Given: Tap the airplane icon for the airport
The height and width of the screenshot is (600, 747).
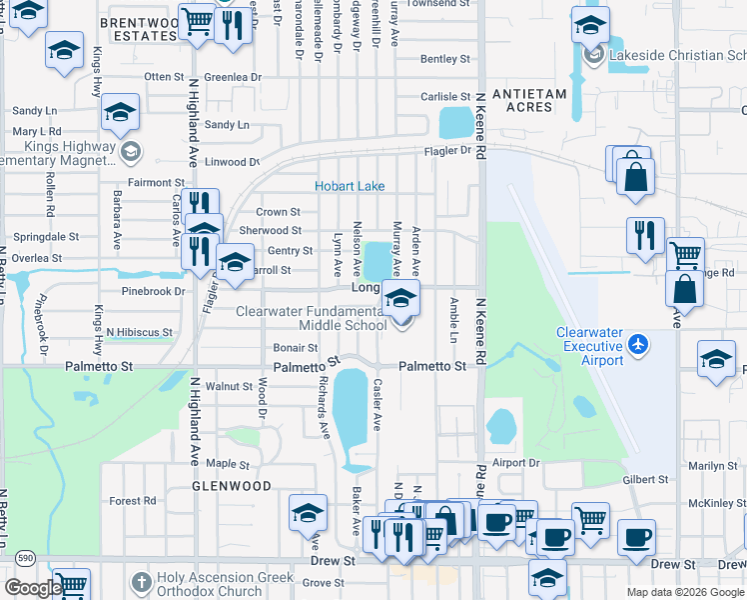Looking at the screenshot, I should click(x=639, y=345).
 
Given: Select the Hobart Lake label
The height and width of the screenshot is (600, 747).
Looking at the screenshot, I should click(x=350, y=186).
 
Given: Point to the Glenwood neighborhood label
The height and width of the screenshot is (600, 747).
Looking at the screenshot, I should click(x=232, y=486).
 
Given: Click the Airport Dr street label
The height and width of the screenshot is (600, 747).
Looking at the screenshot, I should click(x=515, y=463).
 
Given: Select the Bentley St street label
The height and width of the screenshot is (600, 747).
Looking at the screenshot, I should click(x=438, y=60).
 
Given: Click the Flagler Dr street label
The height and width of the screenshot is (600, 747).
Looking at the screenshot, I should click(x=449, y=151).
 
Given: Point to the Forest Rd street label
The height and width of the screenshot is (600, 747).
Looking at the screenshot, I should click(x=133, y=501).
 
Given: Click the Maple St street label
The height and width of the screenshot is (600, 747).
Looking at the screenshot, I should click(x=228, y=464).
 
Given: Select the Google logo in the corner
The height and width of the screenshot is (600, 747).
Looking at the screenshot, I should click(x=33, y=588).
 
